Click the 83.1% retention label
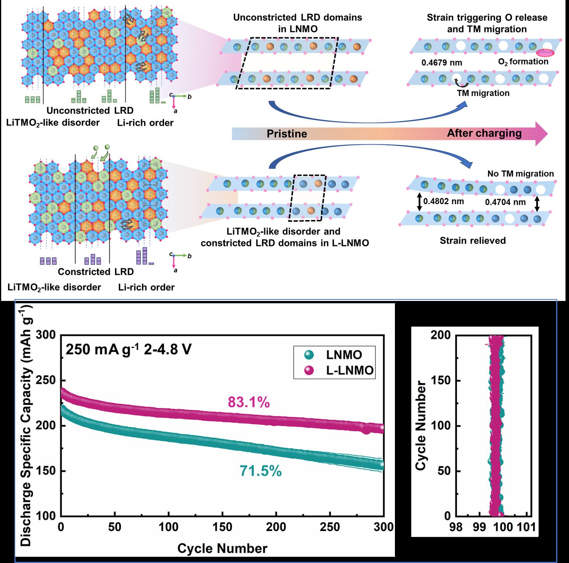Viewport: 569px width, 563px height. tap(248, 402)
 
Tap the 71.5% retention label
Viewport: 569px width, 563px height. tap(261, 471)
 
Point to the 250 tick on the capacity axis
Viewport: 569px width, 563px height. tap(46, 380)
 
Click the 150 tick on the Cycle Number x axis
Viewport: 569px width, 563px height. tap(222, 527)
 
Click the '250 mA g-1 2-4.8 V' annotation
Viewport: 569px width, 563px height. tap(129, 350)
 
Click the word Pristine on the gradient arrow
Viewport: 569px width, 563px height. tap(287, 134)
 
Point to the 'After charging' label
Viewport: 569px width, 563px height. tap(484, 133)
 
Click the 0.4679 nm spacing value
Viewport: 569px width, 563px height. tap(442, 63)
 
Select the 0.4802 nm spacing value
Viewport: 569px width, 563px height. tap(444, 201)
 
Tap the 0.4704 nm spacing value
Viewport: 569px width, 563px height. tap(505, 202)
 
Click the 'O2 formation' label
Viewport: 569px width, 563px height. tap(523, 62)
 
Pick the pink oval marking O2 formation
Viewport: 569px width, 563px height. tap(545, 53)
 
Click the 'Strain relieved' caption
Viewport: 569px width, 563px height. tap(473, 241)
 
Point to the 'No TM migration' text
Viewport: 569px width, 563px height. tap(521, 174)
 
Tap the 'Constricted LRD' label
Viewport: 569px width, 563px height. tap(96, 272)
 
